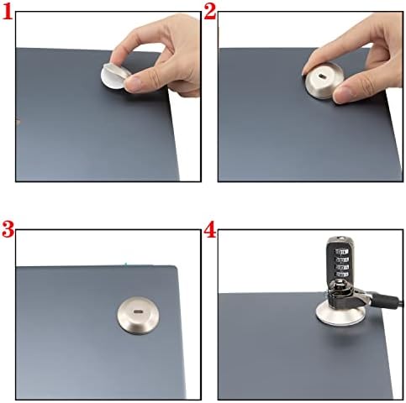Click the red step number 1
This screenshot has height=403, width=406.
pyautogui.click(x=8, y=13)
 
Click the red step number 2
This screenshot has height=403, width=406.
pyautogui.click(x=210, y=12)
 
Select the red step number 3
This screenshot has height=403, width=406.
pyautogui.click(x=8, y=229)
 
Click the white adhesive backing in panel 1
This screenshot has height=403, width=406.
pyautogui.click(x=111, y=77)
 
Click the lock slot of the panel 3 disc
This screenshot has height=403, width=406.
pyautogui.click(x=138, y=311)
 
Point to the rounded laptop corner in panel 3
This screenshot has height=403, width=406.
pyautogui.click(x=175, y=268)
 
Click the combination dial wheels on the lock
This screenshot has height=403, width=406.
pyautogui.click(x=340, y=261)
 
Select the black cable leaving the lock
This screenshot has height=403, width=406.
pyautogui.click(x=385, y=298)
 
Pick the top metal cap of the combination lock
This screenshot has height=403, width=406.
pyautogui.click(x=340, y=240)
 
